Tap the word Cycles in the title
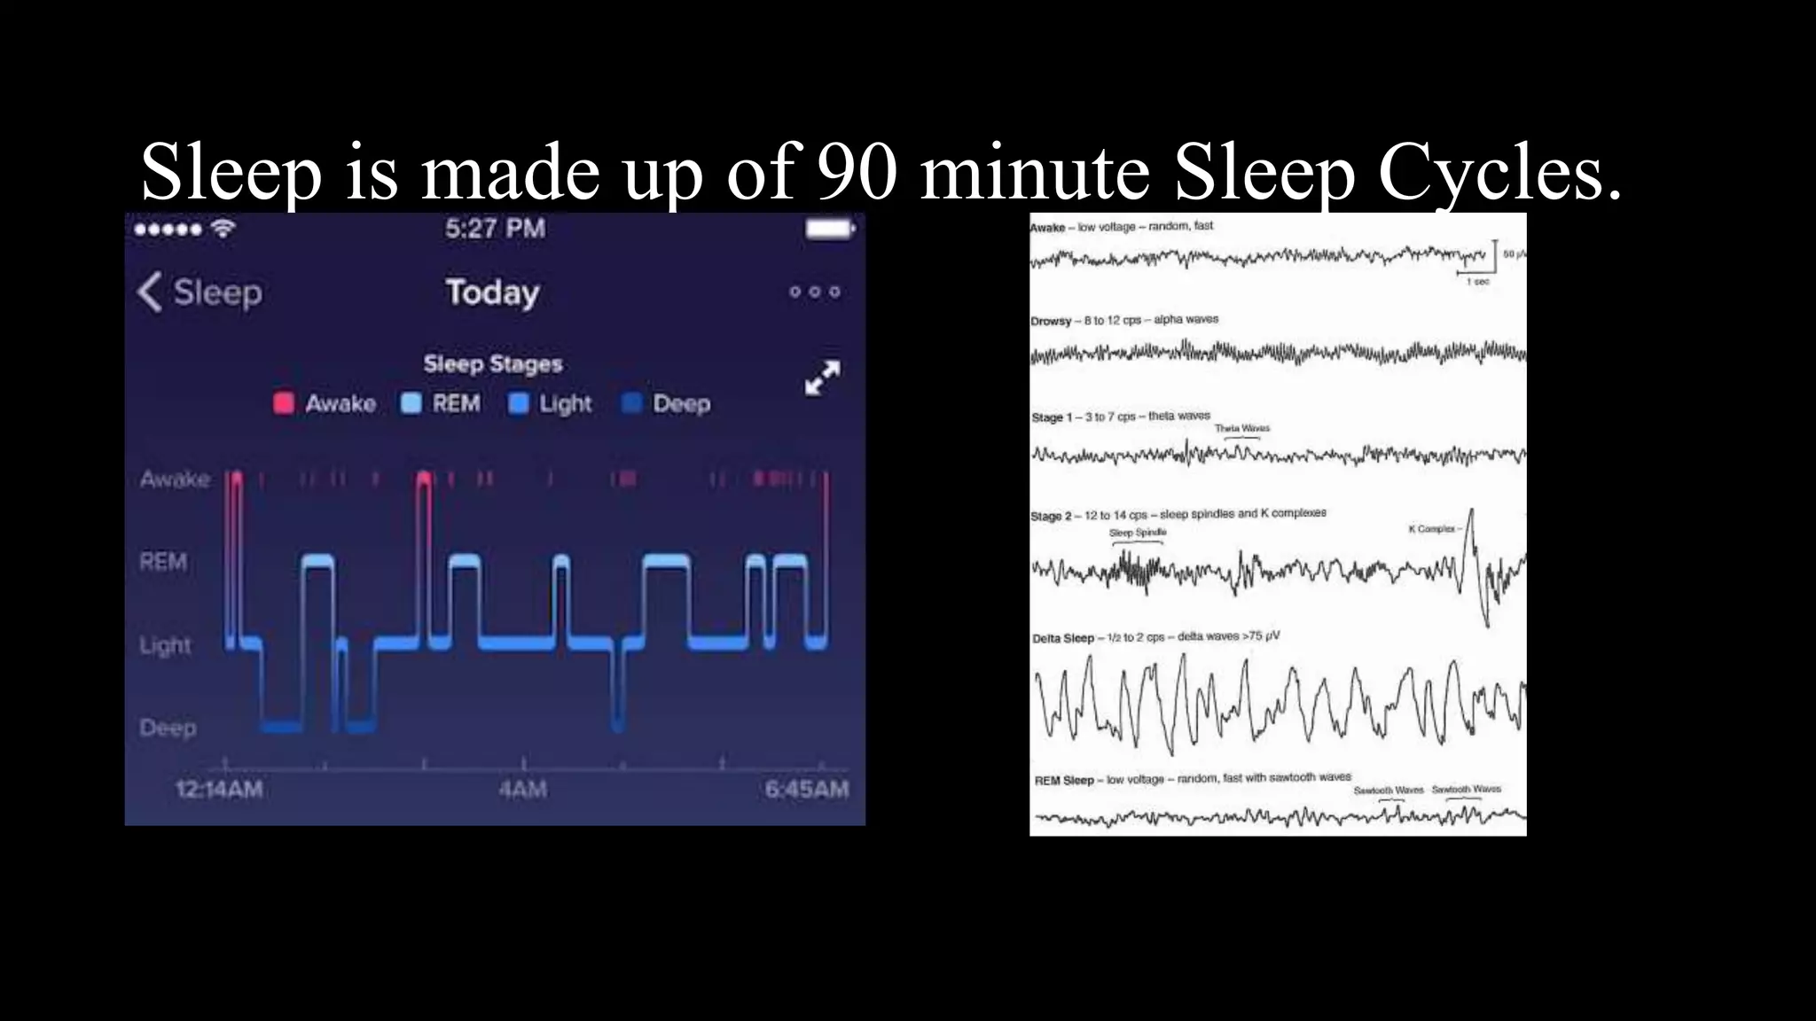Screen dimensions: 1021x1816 point(1499,171)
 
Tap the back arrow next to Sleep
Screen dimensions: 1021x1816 point(149,292)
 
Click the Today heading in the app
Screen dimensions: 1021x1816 point(492,292)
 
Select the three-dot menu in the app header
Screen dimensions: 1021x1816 point(814,292)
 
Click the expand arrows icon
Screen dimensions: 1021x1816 point(822,378)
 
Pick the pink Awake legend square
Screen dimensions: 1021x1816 point(284,403)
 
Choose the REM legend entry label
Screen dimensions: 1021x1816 point(456,403)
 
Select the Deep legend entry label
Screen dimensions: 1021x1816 point(681,403)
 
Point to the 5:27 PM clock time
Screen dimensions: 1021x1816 point(495,229)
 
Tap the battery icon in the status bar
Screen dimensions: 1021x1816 point(830,229)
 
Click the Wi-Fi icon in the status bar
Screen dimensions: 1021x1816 point(223,229)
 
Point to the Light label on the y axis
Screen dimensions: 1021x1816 point(165,645)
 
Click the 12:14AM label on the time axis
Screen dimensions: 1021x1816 point(219,789)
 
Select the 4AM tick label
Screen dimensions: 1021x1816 point(522,789)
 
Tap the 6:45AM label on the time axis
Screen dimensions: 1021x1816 point(807,789)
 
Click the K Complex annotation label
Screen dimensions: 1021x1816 point(1432,529)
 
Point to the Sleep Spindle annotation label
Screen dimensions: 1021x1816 point(1138,533)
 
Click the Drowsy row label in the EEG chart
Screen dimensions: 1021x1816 point(1051,321)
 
